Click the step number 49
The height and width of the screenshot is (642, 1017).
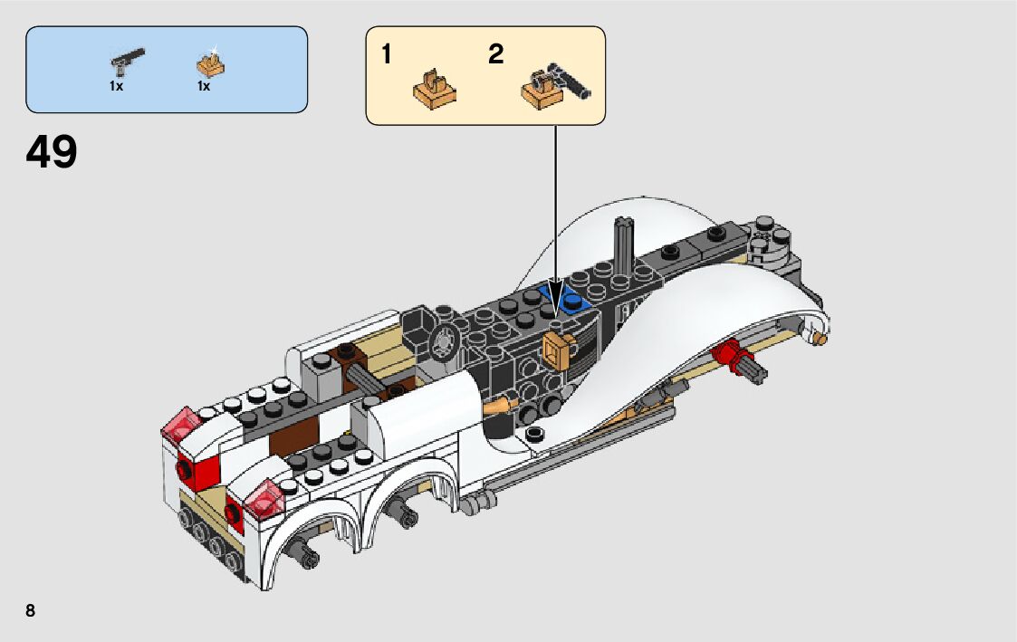pyautogui.click(x=52, y=153)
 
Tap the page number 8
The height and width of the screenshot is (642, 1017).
pyautogui.click(x=31, y=610)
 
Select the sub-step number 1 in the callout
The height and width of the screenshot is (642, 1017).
pyautogui.click(x=387, y=55)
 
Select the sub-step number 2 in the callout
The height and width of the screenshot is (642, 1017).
pyautogui.click(x=495, y=54)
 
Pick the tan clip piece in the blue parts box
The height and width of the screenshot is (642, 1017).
pyautogui.click(x=210, y=65)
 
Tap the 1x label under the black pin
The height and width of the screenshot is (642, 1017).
pyautogui.click(x=117, y=86)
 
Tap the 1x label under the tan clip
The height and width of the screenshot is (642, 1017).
pyautogui.click(x=204, y=86)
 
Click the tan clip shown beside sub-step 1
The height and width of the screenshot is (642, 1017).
pyautogui.click(x=434, y=87)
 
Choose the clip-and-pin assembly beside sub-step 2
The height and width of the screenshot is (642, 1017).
pyautogui.click(x=554, y=89)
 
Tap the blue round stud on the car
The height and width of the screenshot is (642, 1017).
pyautogui.click(x=572, y=302)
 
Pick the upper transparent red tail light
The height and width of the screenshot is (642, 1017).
pyautogui.click(x=181, y=425)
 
